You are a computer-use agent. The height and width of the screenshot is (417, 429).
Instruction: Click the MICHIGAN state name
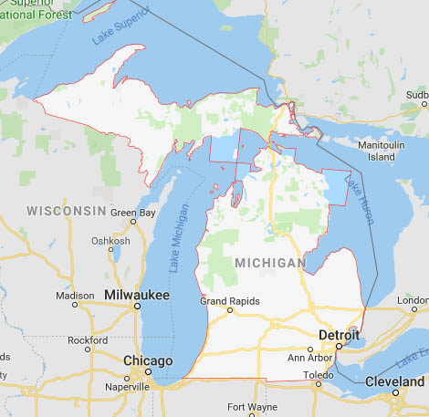[x=270, y=263]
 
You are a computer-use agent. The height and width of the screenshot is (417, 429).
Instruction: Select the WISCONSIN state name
[x=67, y=211]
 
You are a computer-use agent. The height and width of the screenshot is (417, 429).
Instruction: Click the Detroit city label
[x=339, y=336]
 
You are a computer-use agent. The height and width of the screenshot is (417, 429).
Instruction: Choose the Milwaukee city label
[x=136, y=296]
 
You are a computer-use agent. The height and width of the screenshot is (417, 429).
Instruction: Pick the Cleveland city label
[x=394, y=381]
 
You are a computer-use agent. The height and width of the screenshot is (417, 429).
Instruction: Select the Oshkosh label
[x=110, y=242]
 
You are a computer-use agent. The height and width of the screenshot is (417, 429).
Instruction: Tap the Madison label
[x=75, y=296]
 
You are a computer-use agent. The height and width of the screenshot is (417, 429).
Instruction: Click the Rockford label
[x=89, y=340]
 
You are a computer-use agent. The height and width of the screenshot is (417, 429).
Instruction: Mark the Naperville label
[x=127, y=387]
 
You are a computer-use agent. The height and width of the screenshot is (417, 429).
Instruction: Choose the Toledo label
[x=319, y=374]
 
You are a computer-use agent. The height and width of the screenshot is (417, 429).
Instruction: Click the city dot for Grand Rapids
[x=230, y=310]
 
